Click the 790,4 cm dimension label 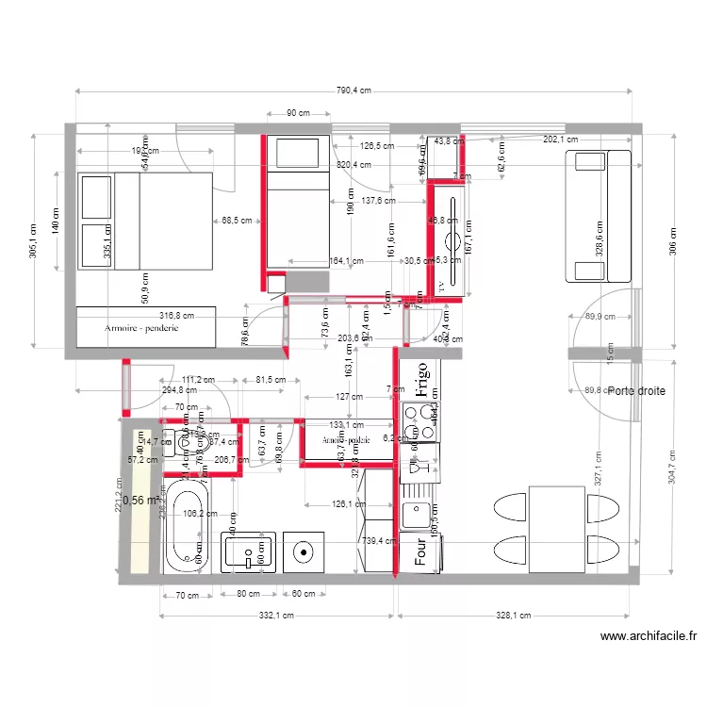(353, 90)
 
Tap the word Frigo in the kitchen (420, 381)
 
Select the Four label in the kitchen (420, 552)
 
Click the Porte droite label (635, 390)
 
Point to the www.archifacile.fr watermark (648, 637)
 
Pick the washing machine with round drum (304, 552)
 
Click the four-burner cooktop (419, 421)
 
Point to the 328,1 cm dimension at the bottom (514, 616)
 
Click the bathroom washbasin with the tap (248, 552)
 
